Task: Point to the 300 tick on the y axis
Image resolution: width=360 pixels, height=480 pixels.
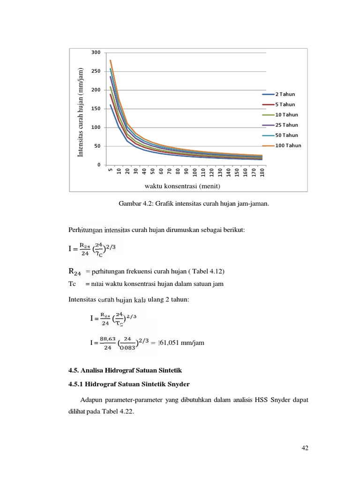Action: tap(96, 52)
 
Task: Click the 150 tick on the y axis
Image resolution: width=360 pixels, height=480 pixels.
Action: tap(96, 109)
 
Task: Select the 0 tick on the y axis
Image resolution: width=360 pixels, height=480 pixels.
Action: tap(99, 165)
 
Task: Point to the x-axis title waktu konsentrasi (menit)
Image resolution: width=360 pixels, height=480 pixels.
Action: tap(182, 186)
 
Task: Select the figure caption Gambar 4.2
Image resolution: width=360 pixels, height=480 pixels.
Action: tap(195, 204)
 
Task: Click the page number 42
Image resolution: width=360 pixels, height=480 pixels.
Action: tap(305, 448)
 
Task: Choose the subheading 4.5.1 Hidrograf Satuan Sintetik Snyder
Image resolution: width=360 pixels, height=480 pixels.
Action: tap(129, 384)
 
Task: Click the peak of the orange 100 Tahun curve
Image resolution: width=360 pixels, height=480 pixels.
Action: tap(110, 60)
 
